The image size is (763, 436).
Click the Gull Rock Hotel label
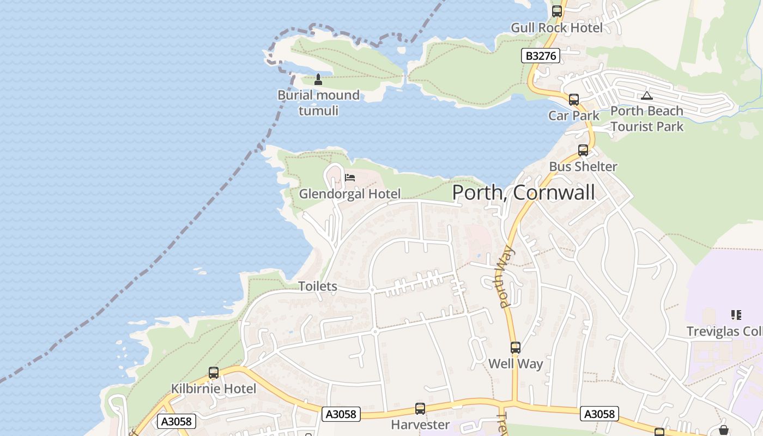click(556, 28)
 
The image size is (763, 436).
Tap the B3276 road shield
click(541, 56)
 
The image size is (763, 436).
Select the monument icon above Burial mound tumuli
click(318, 80)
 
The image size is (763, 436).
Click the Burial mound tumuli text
click(318, 103)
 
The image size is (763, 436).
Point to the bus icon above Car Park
click(573, 100)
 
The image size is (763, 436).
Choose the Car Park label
click(573, 116)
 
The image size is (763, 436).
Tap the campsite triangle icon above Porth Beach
click(646, 96)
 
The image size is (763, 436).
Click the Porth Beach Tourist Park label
click(646, 119)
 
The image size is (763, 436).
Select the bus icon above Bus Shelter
click(583, 150)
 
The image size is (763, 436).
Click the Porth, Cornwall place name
click(523, 192)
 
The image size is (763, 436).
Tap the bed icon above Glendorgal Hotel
click(350, 178)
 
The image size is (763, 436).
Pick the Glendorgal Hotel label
click(350, 193)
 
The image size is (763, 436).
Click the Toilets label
click(318, 286)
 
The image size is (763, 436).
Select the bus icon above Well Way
click(515, 348)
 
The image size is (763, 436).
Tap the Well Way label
click(515, 364)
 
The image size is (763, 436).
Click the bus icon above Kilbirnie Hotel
click(214, 373)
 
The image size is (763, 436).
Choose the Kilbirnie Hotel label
click(214, 389)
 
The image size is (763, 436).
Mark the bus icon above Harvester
click(420, 409)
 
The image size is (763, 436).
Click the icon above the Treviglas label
click(736, 315)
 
